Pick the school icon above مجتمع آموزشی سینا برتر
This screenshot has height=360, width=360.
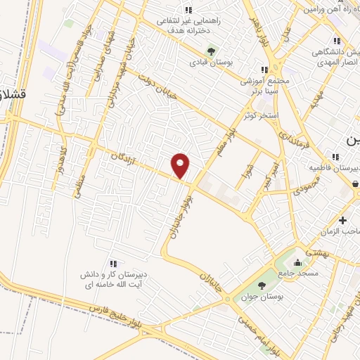[264, 70]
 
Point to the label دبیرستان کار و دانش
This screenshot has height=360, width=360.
[112, 276]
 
